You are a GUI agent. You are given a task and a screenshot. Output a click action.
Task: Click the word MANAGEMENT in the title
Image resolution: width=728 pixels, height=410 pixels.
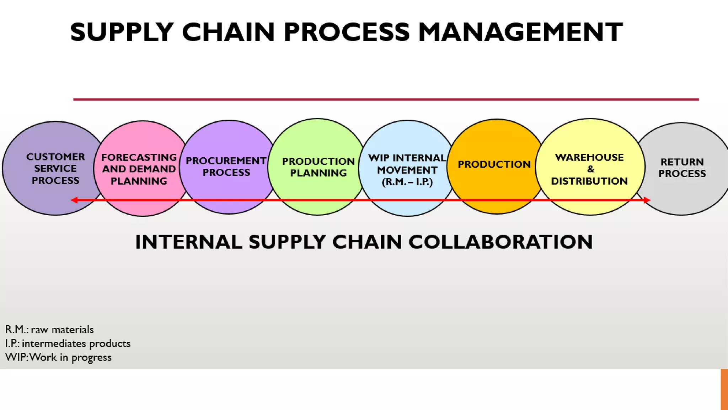[x=520, y=32]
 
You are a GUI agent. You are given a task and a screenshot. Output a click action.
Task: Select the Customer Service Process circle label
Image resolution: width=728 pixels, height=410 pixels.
[x=55, y=169]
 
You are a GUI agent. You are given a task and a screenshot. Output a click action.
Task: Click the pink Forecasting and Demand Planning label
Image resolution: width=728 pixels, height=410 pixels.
[x=139, y=169]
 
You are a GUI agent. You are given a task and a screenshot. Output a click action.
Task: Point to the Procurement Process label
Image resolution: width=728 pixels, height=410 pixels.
[x=226, y=167]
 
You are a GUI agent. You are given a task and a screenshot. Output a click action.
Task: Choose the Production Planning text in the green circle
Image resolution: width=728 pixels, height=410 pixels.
[x=318, y=167]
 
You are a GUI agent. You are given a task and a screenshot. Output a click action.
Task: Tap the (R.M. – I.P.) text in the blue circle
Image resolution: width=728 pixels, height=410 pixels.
[x=407, y=182]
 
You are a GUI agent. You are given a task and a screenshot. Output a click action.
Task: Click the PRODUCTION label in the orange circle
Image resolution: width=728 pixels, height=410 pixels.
[x=494, y=164]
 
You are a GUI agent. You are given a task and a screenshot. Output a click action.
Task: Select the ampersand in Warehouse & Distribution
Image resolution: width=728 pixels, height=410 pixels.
[x=590, y=169]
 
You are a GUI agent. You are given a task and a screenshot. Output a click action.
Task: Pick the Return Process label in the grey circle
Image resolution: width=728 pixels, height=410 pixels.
[x=682, y=168]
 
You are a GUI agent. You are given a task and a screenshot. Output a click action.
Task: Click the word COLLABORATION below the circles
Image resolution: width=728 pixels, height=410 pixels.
[x=500, y=242]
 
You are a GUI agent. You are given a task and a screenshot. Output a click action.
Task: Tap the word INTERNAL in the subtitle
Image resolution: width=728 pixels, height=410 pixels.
[x=189, y=242]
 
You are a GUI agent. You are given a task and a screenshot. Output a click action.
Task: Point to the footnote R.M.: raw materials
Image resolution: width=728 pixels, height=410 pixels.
[x=49, y=330]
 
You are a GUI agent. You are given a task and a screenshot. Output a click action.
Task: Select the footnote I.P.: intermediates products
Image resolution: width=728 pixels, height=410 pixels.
[x=68, y=343]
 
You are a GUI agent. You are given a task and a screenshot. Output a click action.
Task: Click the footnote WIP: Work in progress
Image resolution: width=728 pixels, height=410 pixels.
[x=58, y=357]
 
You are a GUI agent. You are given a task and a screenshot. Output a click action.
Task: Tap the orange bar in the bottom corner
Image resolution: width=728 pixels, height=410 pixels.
[x=724, y=389]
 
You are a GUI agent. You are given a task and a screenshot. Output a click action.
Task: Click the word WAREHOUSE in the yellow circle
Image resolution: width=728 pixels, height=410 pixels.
[x=589, y=157]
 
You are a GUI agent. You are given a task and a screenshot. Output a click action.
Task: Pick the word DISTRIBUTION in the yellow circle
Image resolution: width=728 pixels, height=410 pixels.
[x=589, y=181]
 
